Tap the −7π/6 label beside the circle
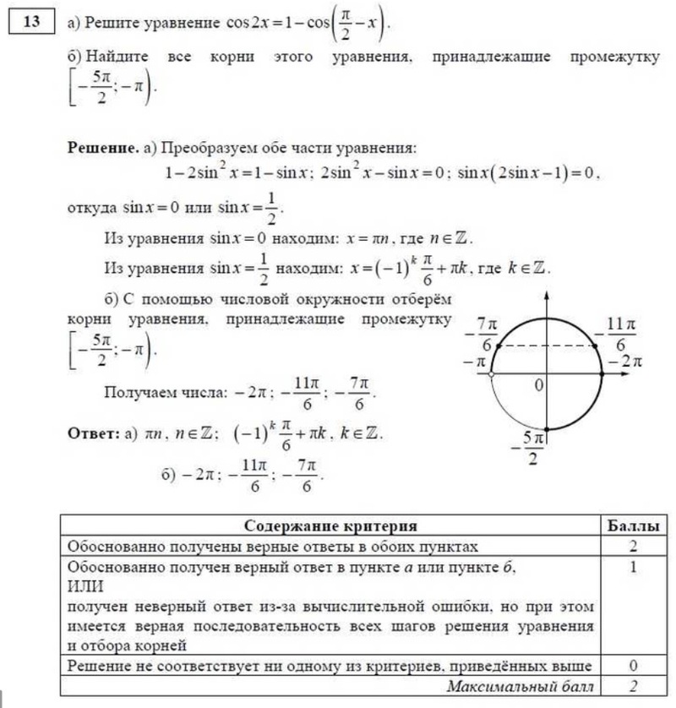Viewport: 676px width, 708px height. point(483,335)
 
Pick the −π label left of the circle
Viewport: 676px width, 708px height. point(477,362)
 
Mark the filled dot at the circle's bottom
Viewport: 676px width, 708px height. point(547,428)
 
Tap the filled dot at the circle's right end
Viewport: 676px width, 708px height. point(602,373)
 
